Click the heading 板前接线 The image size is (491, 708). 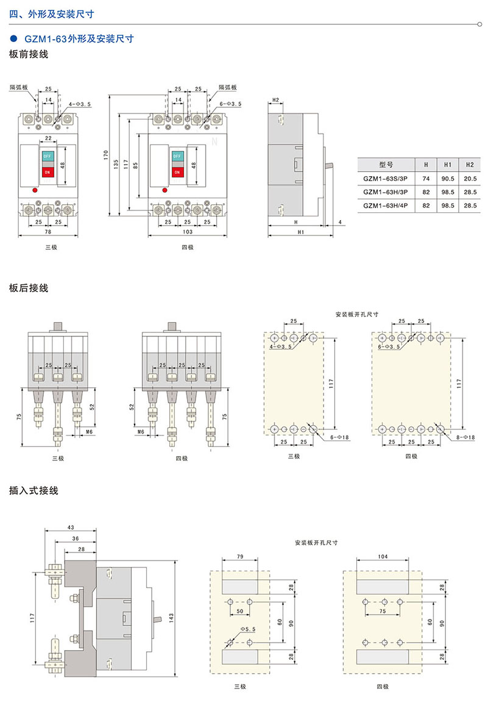[x=29, y=54]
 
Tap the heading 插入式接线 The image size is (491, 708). [x=34, y=490]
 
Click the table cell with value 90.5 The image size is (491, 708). [x=448, y=178]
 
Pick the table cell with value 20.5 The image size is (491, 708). [x=470, y=178]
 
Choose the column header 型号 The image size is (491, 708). [x=386, y=165]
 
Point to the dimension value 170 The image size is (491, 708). [x=105, y=155]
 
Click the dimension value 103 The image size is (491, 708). [x=188, y=232]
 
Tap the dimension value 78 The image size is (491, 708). [x=48, y=232]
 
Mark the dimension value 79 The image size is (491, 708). [x=239, y=557]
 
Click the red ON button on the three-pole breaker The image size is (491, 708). [x=48, y=172]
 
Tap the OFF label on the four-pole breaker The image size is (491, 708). [x=177, y=156]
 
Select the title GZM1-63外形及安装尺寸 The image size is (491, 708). [x=79, y=38]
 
